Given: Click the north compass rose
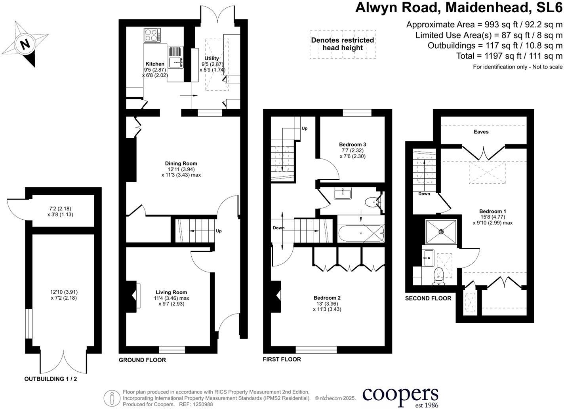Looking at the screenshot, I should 24,44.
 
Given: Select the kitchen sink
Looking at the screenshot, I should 175,62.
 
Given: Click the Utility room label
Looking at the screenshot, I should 212,58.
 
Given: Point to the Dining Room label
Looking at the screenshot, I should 181,163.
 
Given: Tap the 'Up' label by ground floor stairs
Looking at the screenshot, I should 219,231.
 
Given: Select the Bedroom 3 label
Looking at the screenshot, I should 352,145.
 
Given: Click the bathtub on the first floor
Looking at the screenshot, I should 361,234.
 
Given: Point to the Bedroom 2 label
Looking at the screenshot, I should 327,298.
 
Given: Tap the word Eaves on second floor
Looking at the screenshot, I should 481,132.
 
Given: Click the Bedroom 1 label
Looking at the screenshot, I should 492,211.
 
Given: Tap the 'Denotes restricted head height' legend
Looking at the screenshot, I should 343,44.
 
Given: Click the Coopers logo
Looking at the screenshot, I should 400,396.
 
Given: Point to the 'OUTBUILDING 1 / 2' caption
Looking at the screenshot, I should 51,379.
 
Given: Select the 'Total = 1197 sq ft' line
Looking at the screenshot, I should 509,56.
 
